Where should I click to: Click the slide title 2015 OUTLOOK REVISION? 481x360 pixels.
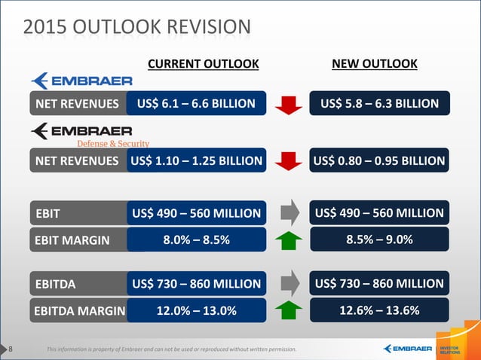pos(136,27)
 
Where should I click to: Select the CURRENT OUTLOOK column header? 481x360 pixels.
pos(203,63)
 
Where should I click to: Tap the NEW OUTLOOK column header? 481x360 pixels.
pos(375,63)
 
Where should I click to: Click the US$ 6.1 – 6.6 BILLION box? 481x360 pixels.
pos(197,103)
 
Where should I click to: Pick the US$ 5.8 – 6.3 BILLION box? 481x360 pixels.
pos(379,103)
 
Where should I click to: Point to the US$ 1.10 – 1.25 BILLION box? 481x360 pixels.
pos(197,160)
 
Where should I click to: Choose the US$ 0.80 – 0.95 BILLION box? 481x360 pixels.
pos(379,160)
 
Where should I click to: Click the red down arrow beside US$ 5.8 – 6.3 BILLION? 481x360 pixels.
pos(288,103)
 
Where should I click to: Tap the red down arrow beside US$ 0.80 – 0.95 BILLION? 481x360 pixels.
pos(288,160)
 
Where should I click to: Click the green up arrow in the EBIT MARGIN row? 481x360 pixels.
pos(288,240)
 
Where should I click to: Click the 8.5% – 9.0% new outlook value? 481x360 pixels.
pos(379,240)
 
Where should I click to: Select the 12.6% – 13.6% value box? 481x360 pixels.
pos(379,310)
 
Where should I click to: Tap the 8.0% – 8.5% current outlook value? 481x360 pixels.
pos(197,240)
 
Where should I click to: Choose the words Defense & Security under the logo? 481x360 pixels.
pos(113,143)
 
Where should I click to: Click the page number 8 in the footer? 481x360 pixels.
pos(11,349)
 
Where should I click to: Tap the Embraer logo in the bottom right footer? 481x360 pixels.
pos(407,349)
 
